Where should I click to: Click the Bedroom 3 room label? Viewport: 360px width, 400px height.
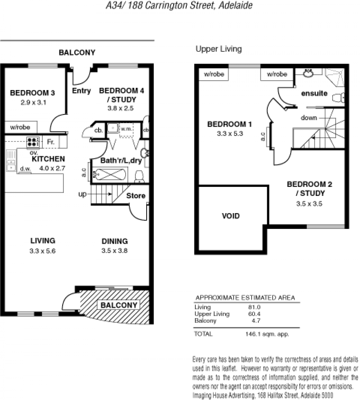[x=32, y=93]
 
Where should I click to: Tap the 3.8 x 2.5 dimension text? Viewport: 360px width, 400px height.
[x=121, y=108]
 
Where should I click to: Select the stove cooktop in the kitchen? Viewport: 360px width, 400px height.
[x=33, y=142]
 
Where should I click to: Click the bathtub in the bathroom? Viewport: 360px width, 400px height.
[x=109, y=174]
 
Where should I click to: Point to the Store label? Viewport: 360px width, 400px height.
[x=136, y=195]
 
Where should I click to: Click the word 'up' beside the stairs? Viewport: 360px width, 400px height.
[x=82, y=194]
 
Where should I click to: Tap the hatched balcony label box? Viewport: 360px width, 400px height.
[x=119, y=305]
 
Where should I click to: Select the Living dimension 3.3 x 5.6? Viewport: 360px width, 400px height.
[x=42, y=251]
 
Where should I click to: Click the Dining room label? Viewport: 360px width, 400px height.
[x=115, y=241]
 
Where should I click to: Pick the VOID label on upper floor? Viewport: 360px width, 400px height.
[x=231, y=216]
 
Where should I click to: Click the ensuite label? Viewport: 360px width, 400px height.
[x=314, y=93]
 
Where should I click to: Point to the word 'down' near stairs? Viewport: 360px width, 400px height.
[x=309, y=118]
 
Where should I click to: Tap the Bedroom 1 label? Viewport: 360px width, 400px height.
[x=229, y=124]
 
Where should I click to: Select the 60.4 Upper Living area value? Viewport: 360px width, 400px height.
[x=254, y=314]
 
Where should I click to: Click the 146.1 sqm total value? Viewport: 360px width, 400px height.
[x=267, y=334]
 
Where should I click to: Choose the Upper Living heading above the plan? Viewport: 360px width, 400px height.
[x=219, y=49]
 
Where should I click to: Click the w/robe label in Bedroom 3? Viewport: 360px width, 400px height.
[x=20, y=127]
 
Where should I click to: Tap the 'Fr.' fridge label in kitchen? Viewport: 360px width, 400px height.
[x=51, y=141]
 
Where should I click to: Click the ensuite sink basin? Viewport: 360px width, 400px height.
[x=308, y=73]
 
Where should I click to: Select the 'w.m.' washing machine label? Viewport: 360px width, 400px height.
[x=126, y=129]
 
